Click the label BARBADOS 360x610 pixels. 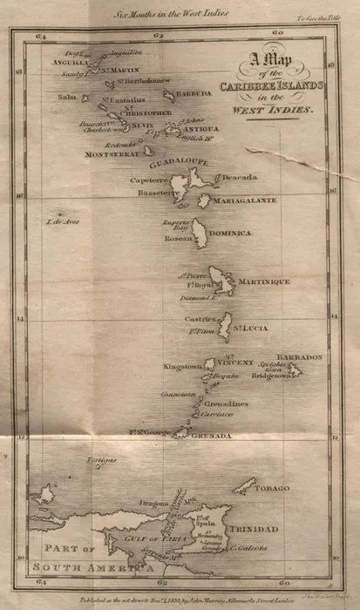[x=299, y=357]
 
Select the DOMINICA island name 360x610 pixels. [x=229, y=234]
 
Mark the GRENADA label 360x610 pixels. [x=212, y=435]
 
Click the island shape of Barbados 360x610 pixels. [x=296, y=370]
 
